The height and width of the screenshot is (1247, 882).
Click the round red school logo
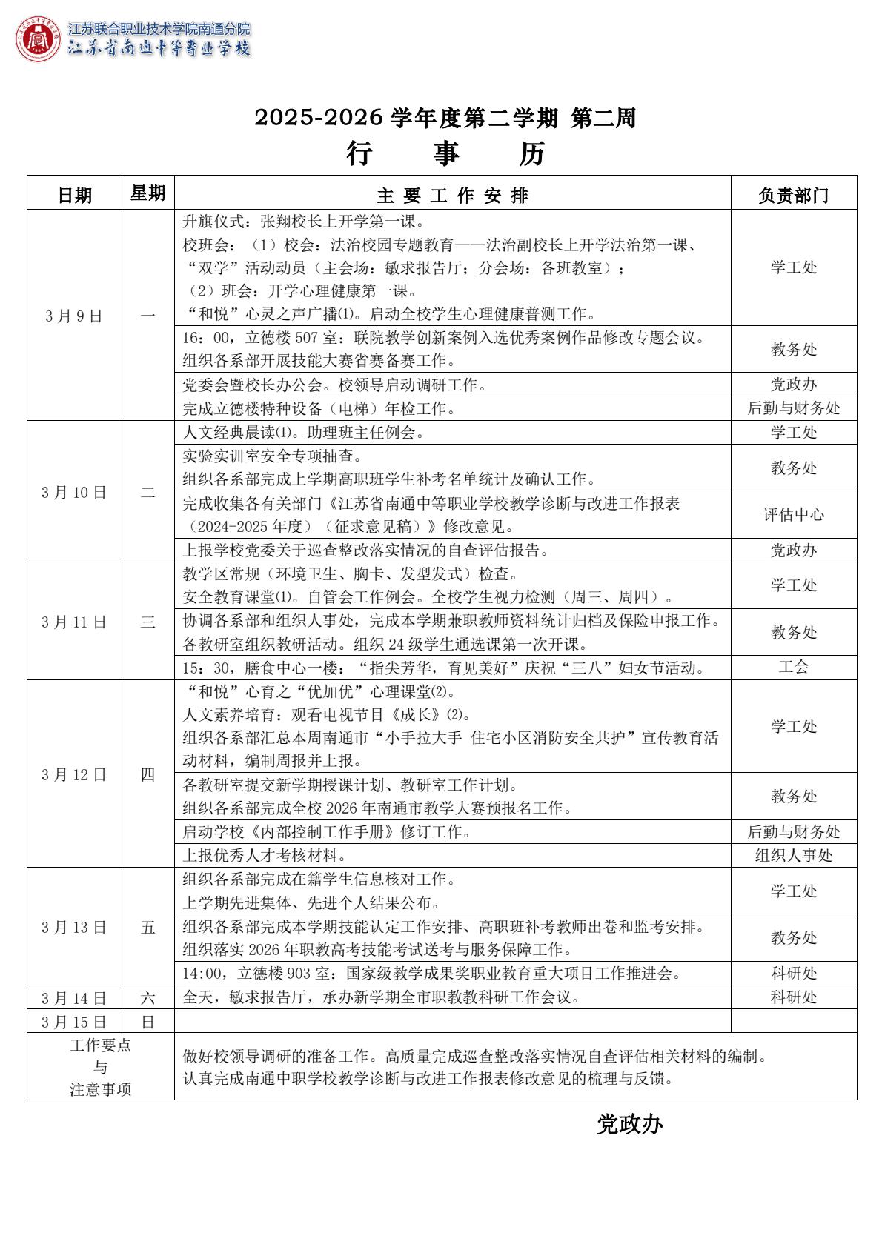[38, 39]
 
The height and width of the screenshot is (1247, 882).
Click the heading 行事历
[445, 154]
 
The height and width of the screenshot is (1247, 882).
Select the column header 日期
[75, 195]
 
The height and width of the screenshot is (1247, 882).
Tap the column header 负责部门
[793, 195]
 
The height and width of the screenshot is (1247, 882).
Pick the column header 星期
[147, 193]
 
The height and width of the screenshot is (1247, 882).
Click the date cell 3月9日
[74, 316]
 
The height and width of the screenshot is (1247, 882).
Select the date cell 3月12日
[74, 774]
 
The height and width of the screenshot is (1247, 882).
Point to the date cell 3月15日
[74, 1022]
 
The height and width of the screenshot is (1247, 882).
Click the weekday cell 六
[147, 997]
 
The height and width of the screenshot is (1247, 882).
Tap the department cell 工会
[793, 667]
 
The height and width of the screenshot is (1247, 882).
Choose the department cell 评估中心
[793, 514]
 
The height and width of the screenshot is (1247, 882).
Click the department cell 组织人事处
[793, 855]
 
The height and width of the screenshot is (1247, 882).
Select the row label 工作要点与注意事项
[100, 1067]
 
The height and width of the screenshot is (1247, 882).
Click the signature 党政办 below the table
[629, 1125]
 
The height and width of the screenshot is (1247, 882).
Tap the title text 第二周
[603, 117]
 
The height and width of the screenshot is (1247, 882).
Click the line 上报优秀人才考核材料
[265, 856]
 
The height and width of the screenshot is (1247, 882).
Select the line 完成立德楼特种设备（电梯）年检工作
[319, 408]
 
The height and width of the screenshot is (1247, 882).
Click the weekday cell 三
[147, 622]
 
